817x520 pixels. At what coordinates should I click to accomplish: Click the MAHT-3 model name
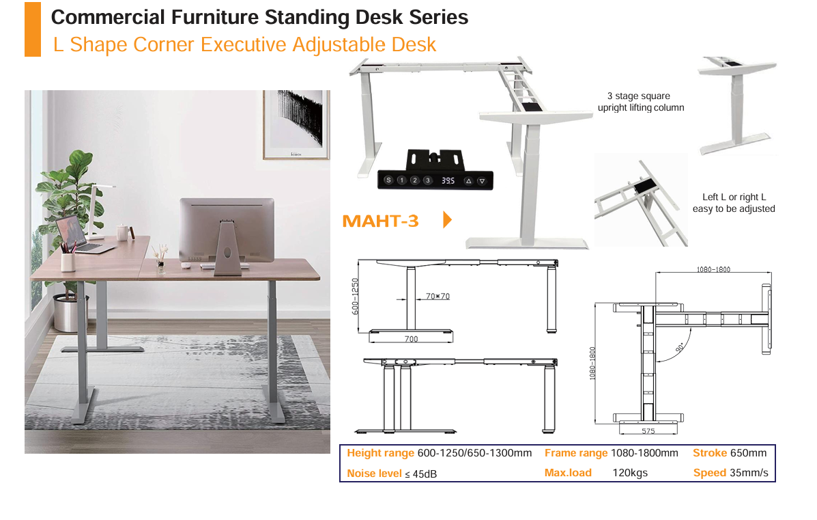point(380,221)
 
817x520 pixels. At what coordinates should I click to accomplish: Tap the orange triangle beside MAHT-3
point(447,219)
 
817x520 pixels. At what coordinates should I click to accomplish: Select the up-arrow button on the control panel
point(468,181)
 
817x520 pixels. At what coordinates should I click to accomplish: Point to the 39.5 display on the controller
point(448,180)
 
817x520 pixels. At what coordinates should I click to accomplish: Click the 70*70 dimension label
point(438,297)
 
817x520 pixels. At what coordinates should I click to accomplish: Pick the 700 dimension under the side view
point(411,339)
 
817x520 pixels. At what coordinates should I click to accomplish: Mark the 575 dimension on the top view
point(648,430)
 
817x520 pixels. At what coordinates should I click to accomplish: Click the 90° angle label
point(680,348)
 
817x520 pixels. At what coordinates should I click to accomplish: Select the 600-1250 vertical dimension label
point(356,297)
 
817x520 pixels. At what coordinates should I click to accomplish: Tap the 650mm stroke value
point(748,453)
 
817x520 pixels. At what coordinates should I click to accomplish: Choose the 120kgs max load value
point(630,473)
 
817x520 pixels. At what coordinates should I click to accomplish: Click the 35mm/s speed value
point(749,473)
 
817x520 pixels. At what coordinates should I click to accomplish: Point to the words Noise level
point(374,473)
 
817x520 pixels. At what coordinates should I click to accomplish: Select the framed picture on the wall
point(296,124)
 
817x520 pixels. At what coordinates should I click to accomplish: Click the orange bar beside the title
point(33,29)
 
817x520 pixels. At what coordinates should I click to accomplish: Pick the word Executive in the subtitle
point(244,45)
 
